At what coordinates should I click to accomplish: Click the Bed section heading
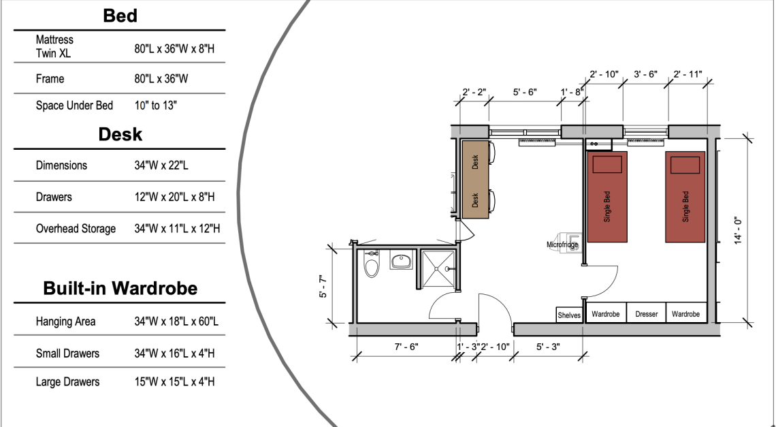coord(120,16)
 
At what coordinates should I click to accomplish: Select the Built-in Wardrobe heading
coord(120,288)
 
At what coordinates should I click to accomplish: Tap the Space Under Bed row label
coord(74,106)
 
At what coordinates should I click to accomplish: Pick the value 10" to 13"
coord(155,106)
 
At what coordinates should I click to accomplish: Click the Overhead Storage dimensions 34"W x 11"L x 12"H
coord(177,229)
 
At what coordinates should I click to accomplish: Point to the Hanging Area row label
coord(65,322)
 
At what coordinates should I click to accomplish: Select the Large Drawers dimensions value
coord(174,382)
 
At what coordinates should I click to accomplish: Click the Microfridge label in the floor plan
coord(562,244)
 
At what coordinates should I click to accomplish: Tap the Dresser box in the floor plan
coord(647,313)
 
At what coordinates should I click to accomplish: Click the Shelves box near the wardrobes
coord(569,315)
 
